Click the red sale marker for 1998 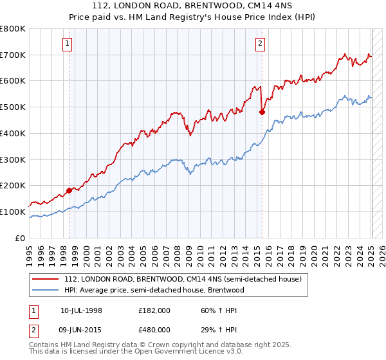(69, 190)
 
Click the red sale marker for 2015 (262, 112)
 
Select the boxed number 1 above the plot (68, 44)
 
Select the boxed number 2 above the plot (260, 44)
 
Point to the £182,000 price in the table (154, 310)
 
